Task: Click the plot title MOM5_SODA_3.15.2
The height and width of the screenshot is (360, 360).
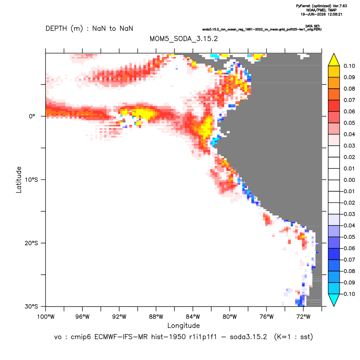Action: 183,39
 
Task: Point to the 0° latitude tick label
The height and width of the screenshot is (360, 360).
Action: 32,116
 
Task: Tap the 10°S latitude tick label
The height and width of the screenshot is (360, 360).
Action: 31,180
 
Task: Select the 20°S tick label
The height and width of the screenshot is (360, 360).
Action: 31,243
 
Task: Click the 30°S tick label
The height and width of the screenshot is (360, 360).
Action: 31,306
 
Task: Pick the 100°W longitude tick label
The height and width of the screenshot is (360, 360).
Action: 46,317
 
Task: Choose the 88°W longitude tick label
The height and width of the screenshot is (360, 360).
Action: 156,317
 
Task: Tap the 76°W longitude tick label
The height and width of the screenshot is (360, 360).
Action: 267,317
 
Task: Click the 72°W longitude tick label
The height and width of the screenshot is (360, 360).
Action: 303,317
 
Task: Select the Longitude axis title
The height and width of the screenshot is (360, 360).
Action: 183,326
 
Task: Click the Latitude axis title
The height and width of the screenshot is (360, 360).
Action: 19,180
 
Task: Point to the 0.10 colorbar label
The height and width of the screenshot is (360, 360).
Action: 349,66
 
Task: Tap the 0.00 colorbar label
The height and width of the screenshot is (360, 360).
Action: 349,180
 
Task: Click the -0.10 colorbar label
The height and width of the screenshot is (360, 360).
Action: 348,294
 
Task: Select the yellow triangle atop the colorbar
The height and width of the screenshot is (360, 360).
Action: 334,60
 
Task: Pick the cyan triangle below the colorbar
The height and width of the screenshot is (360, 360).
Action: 334,300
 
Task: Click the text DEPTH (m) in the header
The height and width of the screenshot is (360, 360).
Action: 64,29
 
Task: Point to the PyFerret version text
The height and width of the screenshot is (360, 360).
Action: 321,6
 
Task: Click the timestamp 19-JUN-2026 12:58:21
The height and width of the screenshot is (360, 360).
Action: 321,14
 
